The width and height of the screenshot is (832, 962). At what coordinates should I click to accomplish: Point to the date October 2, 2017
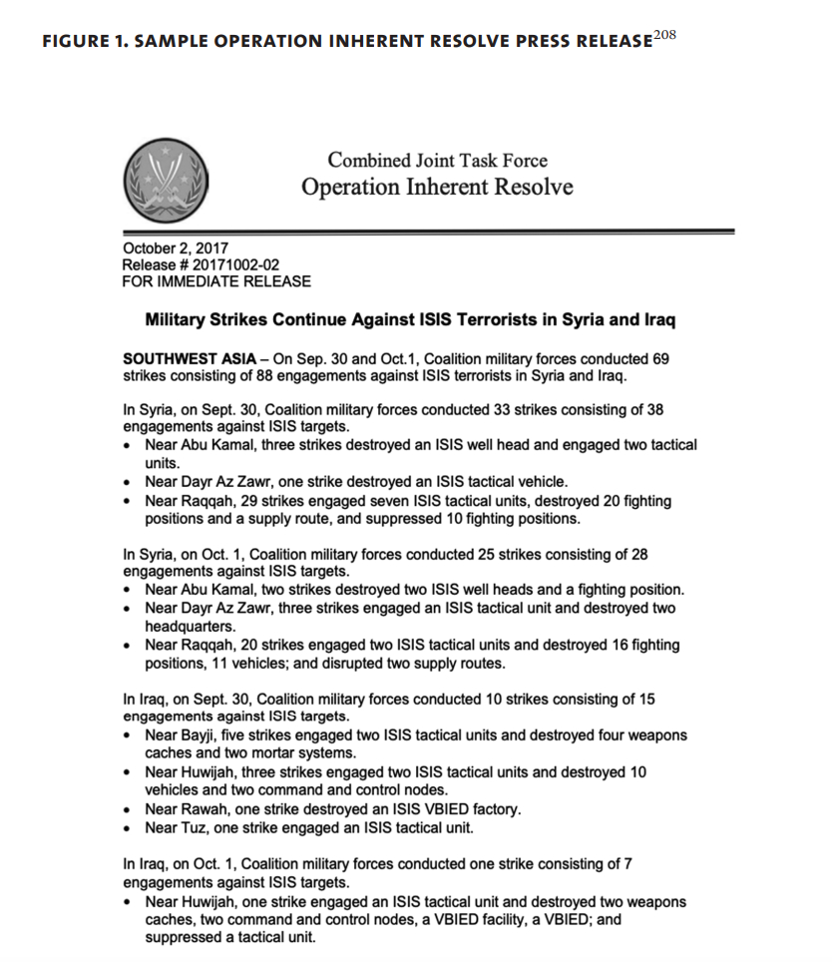click(x=175, y=248)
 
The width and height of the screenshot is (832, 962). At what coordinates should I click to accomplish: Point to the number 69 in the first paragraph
click(x=659, y=358)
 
